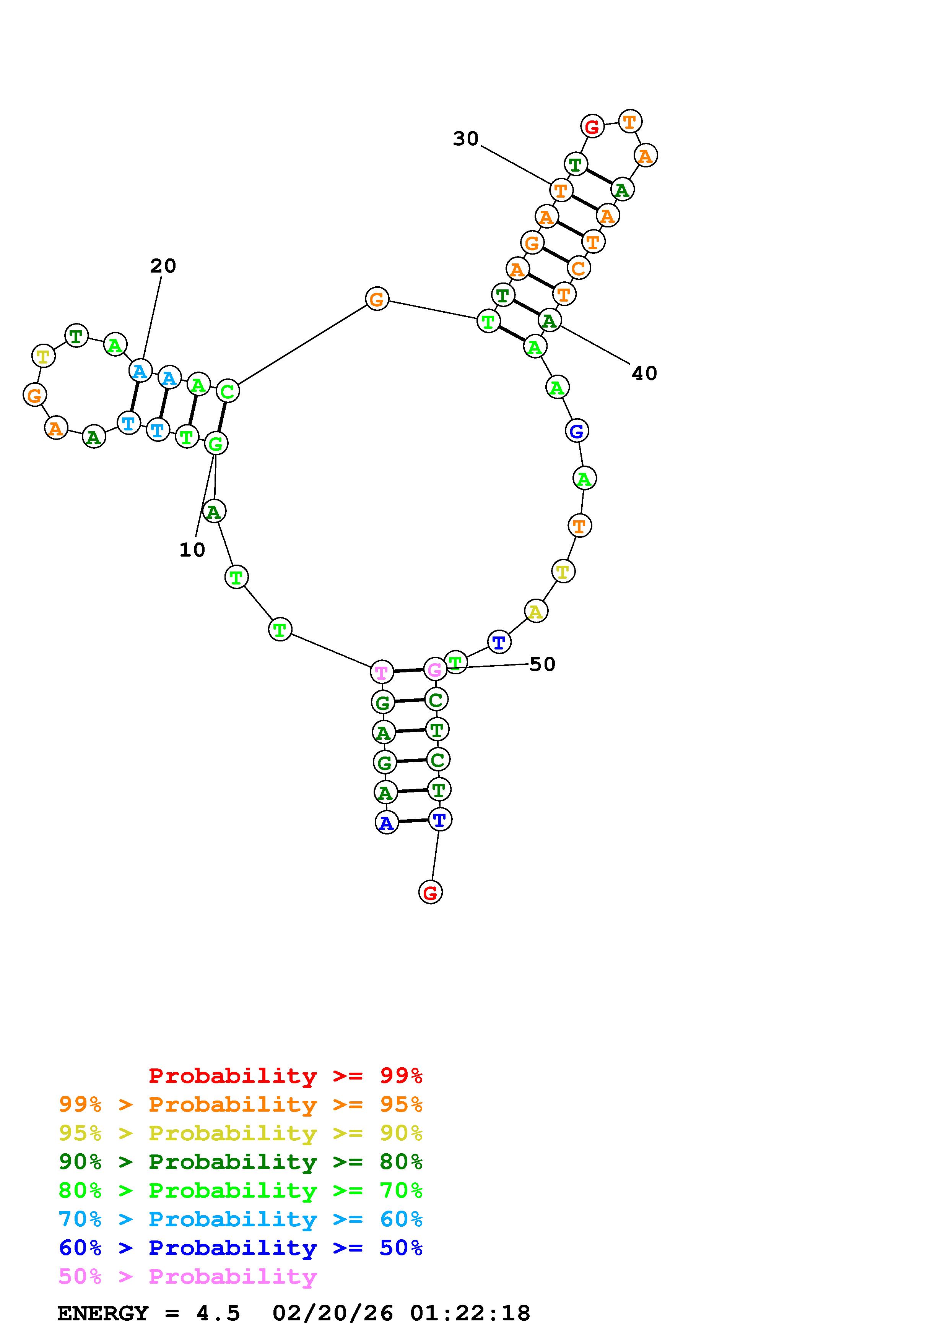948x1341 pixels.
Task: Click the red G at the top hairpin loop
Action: click(x=592, y=126)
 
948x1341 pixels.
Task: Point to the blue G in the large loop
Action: click(x=577, y=432)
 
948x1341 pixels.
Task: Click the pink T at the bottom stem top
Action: click(x=381, y=672)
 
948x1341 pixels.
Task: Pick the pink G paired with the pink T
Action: click(x=434, y=669)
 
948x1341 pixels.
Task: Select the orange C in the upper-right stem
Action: click(x=578, y=268)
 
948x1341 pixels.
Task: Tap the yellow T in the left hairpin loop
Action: click(x=43, y=356)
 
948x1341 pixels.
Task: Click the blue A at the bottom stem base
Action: click(x=385, y=823)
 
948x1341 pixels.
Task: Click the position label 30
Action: click(x=465, y=139)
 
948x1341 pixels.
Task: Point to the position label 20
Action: click(x=163, y=266)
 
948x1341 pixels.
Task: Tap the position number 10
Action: click(x=192, y=550)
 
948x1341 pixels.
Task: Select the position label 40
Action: click(x=644, y=373)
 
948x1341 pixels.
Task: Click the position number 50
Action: click(x=542, y=664)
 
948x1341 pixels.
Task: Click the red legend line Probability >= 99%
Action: click(x=286, y=1075)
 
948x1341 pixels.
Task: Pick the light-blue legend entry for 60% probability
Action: click(x=240, y=1219)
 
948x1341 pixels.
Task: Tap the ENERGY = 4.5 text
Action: click(x=148, y=1313)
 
